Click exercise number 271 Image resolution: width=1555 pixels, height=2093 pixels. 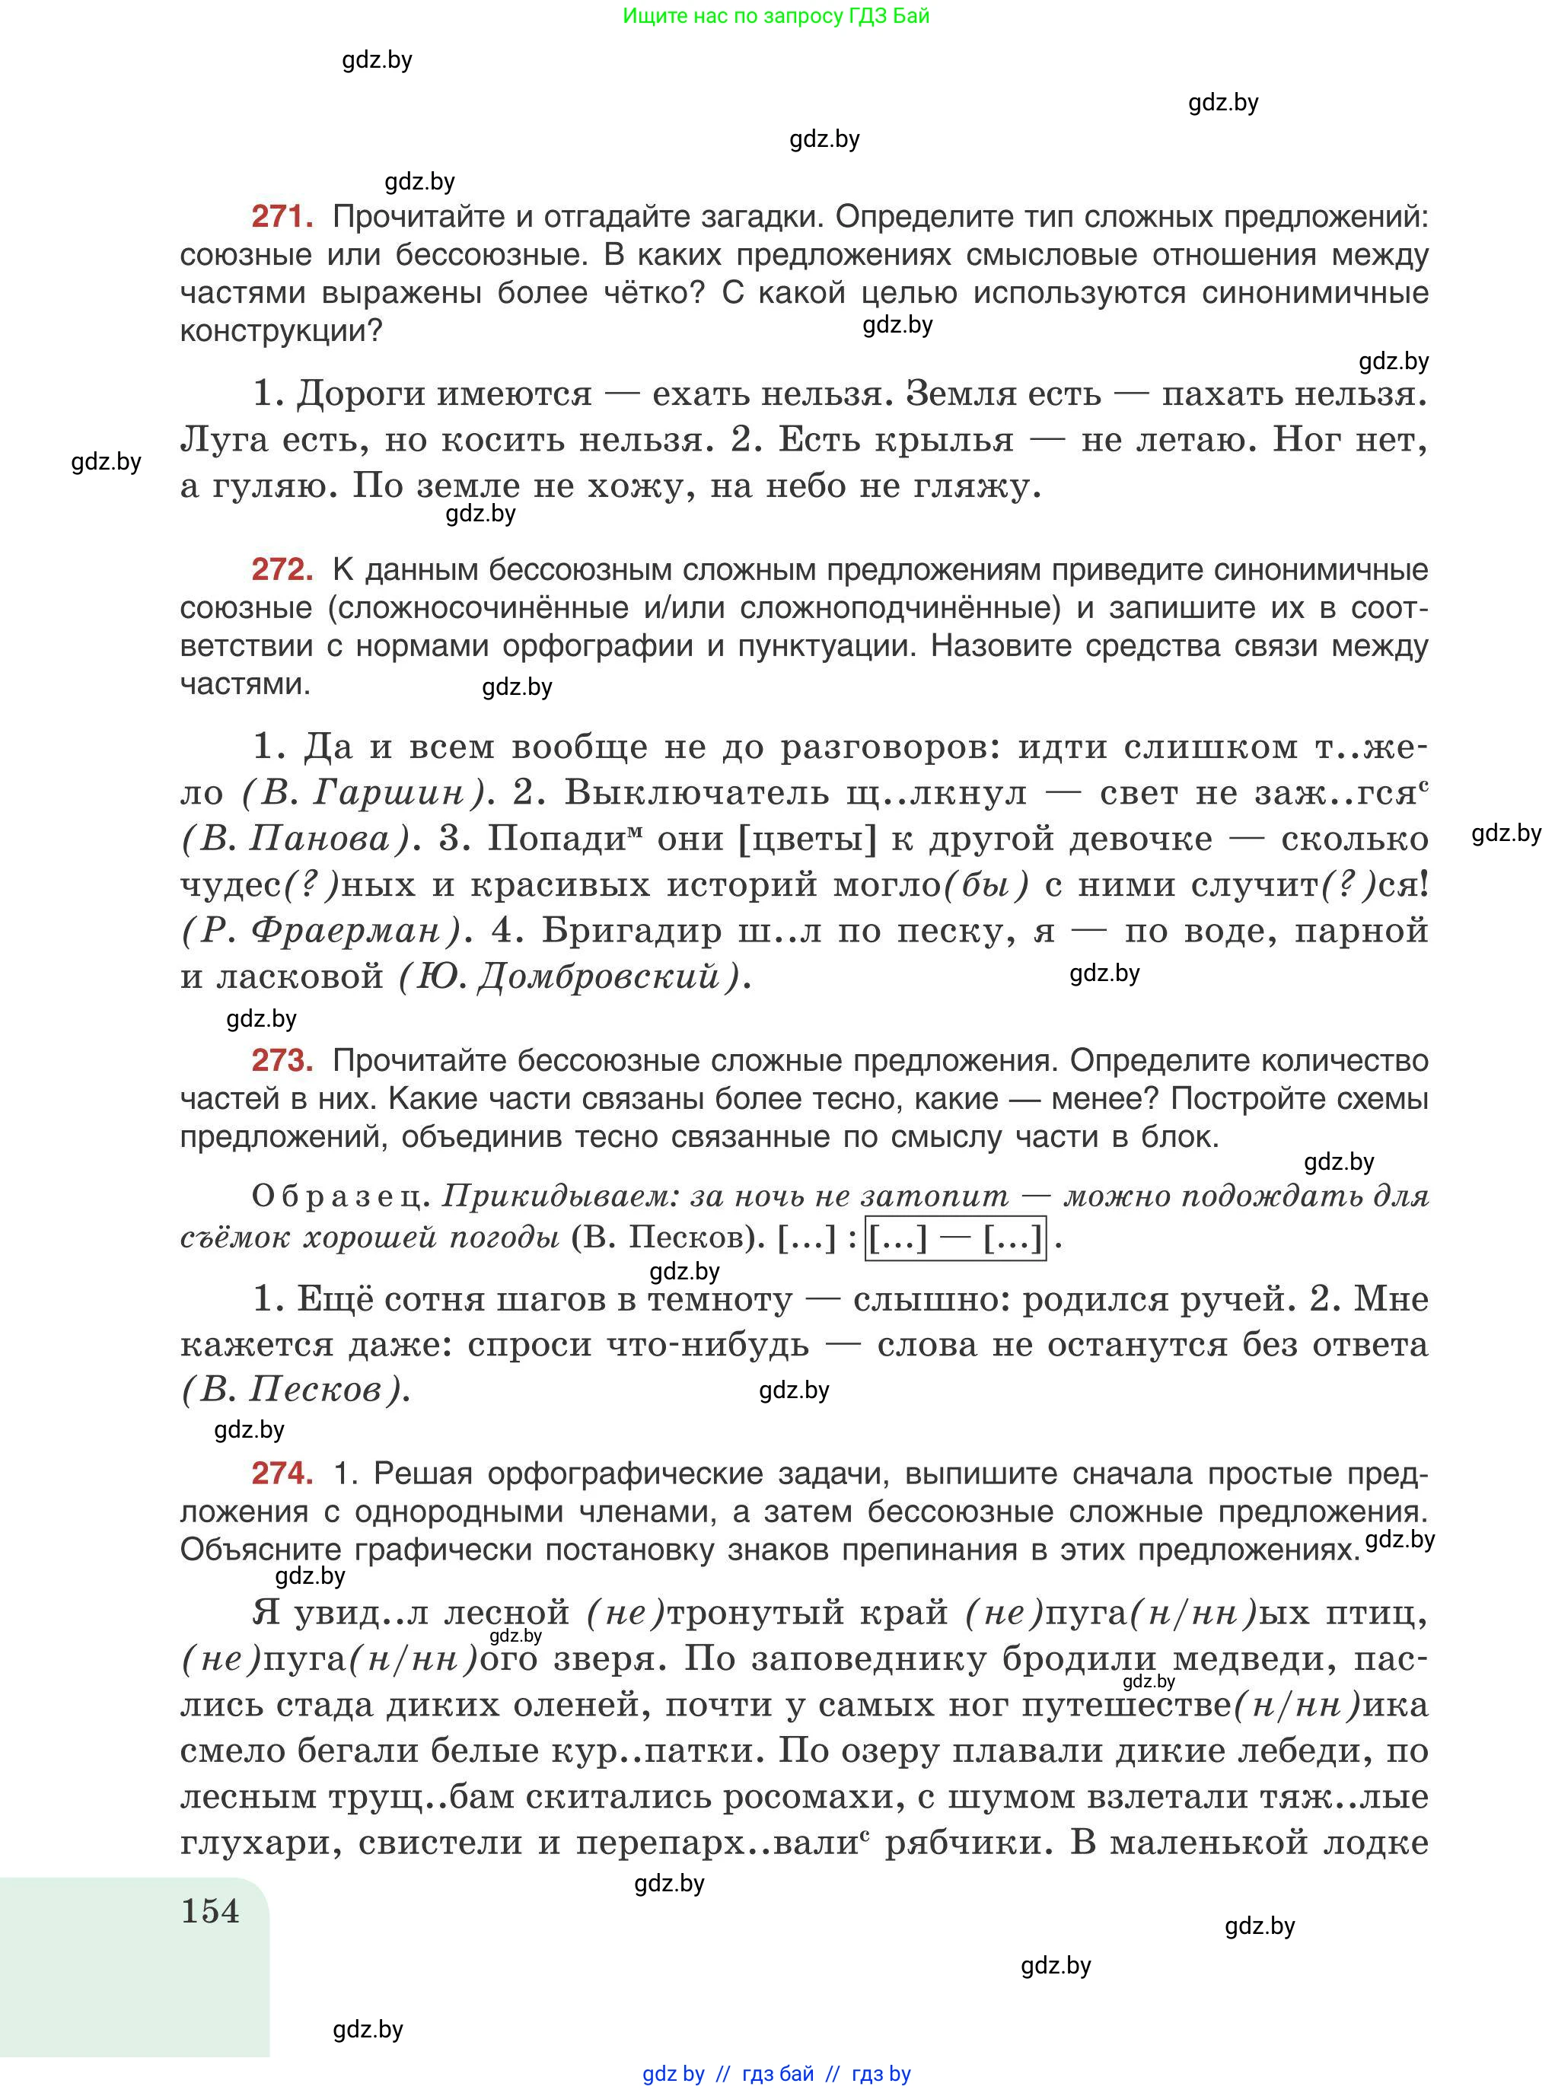click(282, 218)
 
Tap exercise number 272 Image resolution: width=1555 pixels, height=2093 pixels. click(282, 569)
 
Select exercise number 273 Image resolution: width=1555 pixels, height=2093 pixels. click(282, 1061)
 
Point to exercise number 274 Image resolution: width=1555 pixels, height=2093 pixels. click(282, 1473)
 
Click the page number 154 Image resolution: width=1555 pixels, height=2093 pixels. click(210, 1911)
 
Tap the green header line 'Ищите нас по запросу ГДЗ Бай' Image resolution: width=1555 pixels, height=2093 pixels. click(776, 16)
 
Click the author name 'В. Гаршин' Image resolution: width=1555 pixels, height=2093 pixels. click(362, 793)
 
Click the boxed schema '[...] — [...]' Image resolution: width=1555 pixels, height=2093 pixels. click(955, 1238)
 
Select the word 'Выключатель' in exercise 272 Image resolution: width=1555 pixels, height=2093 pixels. click(696, 793)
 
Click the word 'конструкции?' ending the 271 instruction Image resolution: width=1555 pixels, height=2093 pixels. click(282, 331)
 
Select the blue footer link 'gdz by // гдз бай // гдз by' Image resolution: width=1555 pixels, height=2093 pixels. click(776, 2073)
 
